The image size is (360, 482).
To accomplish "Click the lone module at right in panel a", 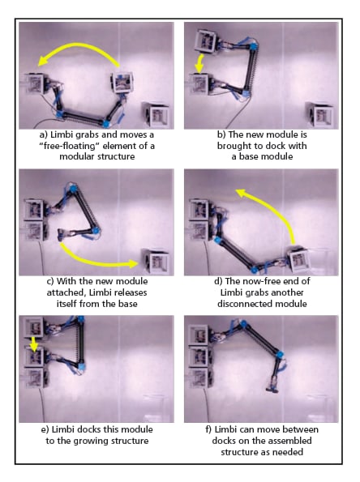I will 157,115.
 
